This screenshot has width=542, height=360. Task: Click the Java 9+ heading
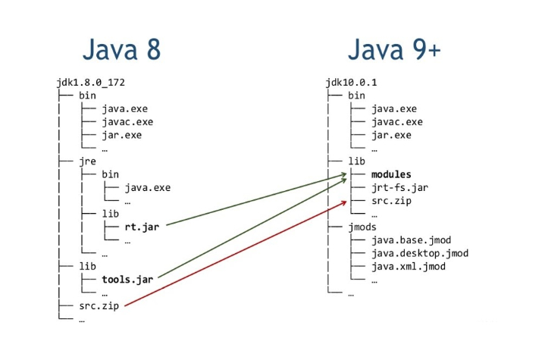395,50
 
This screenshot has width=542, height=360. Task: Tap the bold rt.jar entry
142,227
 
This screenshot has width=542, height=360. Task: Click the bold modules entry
391,174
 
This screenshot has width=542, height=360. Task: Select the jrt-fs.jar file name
396,187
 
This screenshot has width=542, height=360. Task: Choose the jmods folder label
361,227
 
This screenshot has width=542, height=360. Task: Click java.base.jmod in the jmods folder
411,240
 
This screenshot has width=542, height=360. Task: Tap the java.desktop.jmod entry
420,253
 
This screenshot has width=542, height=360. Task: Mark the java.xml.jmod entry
408,267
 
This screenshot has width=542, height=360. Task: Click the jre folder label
87,161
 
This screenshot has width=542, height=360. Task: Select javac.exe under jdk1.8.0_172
127,121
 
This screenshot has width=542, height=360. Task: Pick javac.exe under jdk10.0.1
396,121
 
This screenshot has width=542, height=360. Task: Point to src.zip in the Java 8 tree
99,306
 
